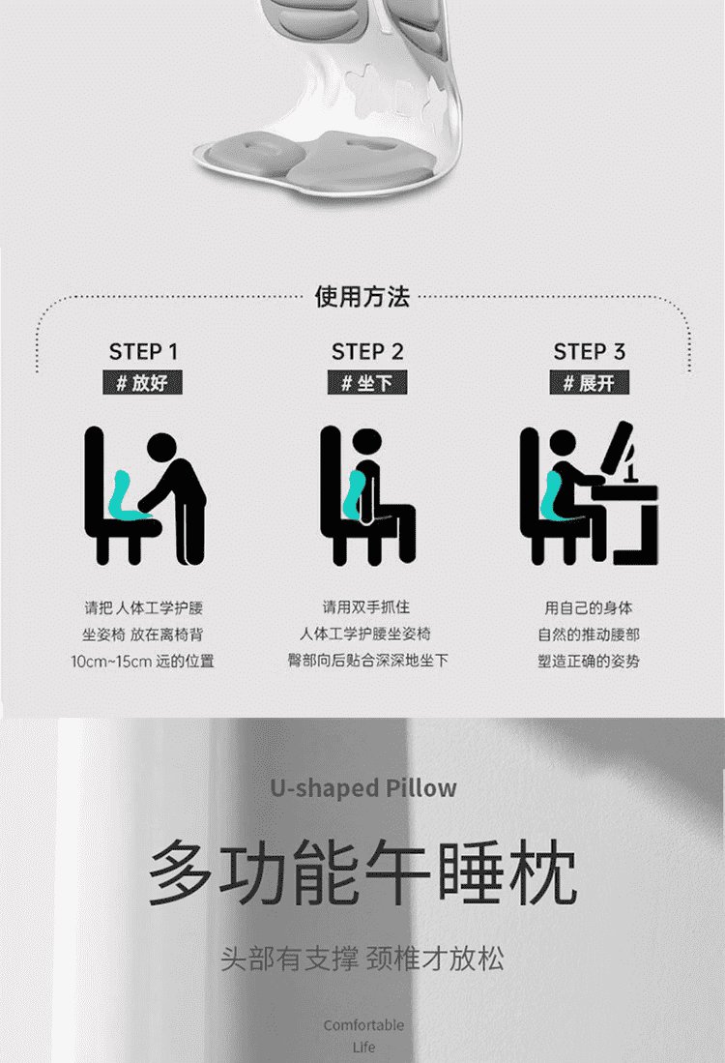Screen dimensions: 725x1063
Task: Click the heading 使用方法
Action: pyautogui.click(x=362, y=297)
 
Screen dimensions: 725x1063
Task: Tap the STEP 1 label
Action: pyautogui.click(x=143, y=352)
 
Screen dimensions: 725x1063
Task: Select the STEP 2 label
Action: pyautogui.click(x=367, y=352)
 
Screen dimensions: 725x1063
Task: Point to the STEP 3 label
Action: pyautogui.click(x=589, y=352)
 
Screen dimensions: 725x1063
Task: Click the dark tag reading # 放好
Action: pyautogui.click(x=142, y=382)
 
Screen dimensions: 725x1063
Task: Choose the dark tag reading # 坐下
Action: pyautogui.click(x=367, y=382)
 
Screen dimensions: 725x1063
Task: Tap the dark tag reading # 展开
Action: pyautogui.click(x=590, y=382)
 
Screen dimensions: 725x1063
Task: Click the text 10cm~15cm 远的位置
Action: pyautogui.click(x=142, y=661)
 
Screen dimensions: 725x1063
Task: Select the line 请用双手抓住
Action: pyautogui.click(x=366, y=606)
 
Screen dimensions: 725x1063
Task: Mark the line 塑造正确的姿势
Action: pyautogui.click(x=588, y=661)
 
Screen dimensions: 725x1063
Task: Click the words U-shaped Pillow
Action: pyautogui.click(x=363, y=787)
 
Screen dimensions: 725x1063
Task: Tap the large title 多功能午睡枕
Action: pyautogui.click(x=362, y=872)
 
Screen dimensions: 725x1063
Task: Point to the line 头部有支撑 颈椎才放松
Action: pyautogui.click(x=362, y=960)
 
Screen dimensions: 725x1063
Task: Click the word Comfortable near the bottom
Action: pyautogui.click(x=363, y=1025)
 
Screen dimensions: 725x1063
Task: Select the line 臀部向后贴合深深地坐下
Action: pyautogui.click(x=367, y=661)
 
